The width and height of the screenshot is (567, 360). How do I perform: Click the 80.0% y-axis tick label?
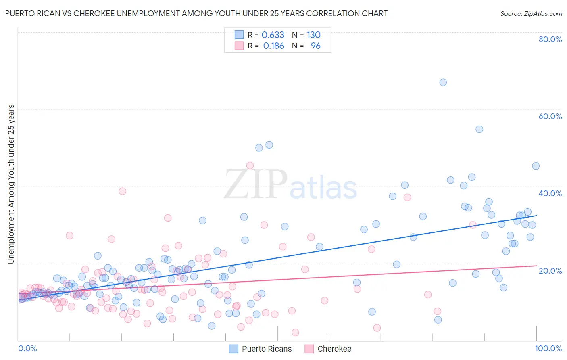(550, 39)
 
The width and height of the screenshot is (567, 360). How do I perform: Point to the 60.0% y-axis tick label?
(550, 116)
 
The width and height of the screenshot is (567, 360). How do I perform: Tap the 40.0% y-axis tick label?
(550, 193)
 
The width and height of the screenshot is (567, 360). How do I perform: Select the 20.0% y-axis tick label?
(550, 270)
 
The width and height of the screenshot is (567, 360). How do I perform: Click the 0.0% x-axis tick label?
(27, 348)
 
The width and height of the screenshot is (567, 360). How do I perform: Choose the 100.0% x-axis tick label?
(548, 348)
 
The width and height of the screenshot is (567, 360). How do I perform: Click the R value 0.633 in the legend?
(273, 35)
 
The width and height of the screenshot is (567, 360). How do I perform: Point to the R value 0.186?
(273, 46)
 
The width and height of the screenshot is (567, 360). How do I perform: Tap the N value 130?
(313, 35)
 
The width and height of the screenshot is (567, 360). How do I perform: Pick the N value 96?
(315, 46)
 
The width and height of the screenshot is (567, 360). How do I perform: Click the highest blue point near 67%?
(443, 82)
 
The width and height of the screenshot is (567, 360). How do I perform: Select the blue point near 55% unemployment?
(479, 129)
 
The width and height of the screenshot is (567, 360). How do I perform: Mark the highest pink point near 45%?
(250, 165)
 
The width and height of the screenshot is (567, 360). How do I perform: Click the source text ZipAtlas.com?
(531, 14)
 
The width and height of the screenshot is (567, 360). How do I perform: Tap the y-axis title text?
(11, 184)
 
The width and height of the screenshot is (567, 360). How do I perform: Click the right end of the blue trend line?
(536, 216)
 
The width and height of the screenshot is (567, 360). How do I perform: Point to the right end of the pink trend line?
(536, 266)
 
